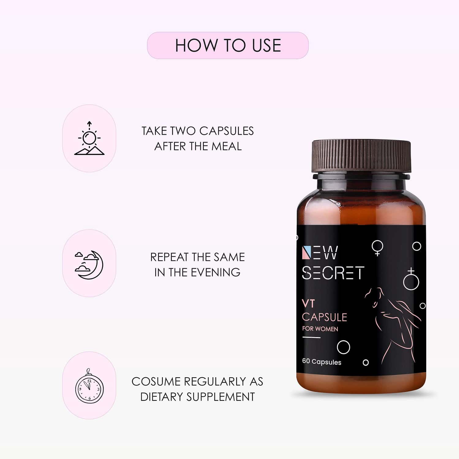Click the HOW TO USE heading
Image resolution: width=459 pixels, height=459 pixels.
[228, 45]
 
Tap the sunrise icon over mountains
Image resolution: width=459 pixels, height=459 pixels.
[89, 138]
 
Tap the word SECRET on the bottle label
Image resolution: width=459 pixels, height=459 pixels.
[333, 273]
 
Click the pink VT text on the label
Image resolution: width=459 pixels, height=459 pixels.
[308, 303]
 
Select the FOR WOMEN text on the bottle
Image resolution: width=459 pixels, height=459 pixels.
[320, 329]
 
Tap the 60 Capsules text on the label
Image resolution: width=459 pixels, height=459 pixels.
[322, 362]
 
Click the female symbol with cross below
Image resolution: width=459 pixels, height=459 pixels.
[377, 248]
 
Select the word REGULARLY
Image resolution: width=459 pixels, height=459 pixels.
[212, 382]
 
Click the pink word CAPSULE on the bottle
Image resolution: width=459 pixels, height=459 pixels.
[324, 317]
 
